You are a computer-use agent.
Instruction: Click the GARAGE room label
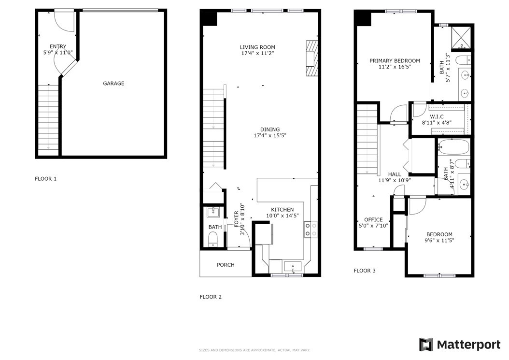[x=113, y=84]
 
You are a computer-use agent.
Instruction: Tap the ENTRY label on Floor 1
[x=58, y=46]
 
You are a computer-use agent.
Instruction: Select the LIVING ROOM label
[x=257, y=47]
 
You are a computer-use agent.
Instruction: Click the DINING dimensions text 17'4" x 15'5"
[x=270, y=135]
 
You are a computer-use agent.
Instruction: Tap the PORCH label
[x=226, y=265]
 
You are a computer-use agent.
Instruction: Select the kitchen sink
[x=293, y=267]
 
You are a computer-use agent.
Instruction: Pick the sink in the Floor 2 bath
[x=213, y=212]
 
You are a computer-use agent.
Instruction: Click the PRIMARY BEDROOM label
[x=395, y=61]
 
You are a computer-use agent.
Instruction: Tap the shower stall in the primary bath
[x=460, y=38]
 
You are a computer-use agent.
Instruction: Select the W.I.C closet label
[x=437, y=116]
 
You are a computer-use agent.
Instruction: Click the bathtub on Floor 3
[x=453, y=147]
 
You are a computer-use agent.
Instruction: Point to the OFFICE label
[x=373, y=220]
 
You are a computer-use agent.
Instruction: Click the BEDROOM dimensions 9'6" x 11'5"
[x=439, y=241]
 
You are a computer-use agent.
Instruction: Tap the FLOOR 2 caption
[x=211, y=297]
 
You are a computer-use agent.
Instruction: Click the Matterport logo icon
[x=426, y=345]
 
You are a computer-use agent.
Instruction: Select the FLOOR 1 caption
[x=46, y=179]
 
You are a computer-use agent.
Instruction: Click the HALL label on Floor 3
[x=395, y=174]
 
